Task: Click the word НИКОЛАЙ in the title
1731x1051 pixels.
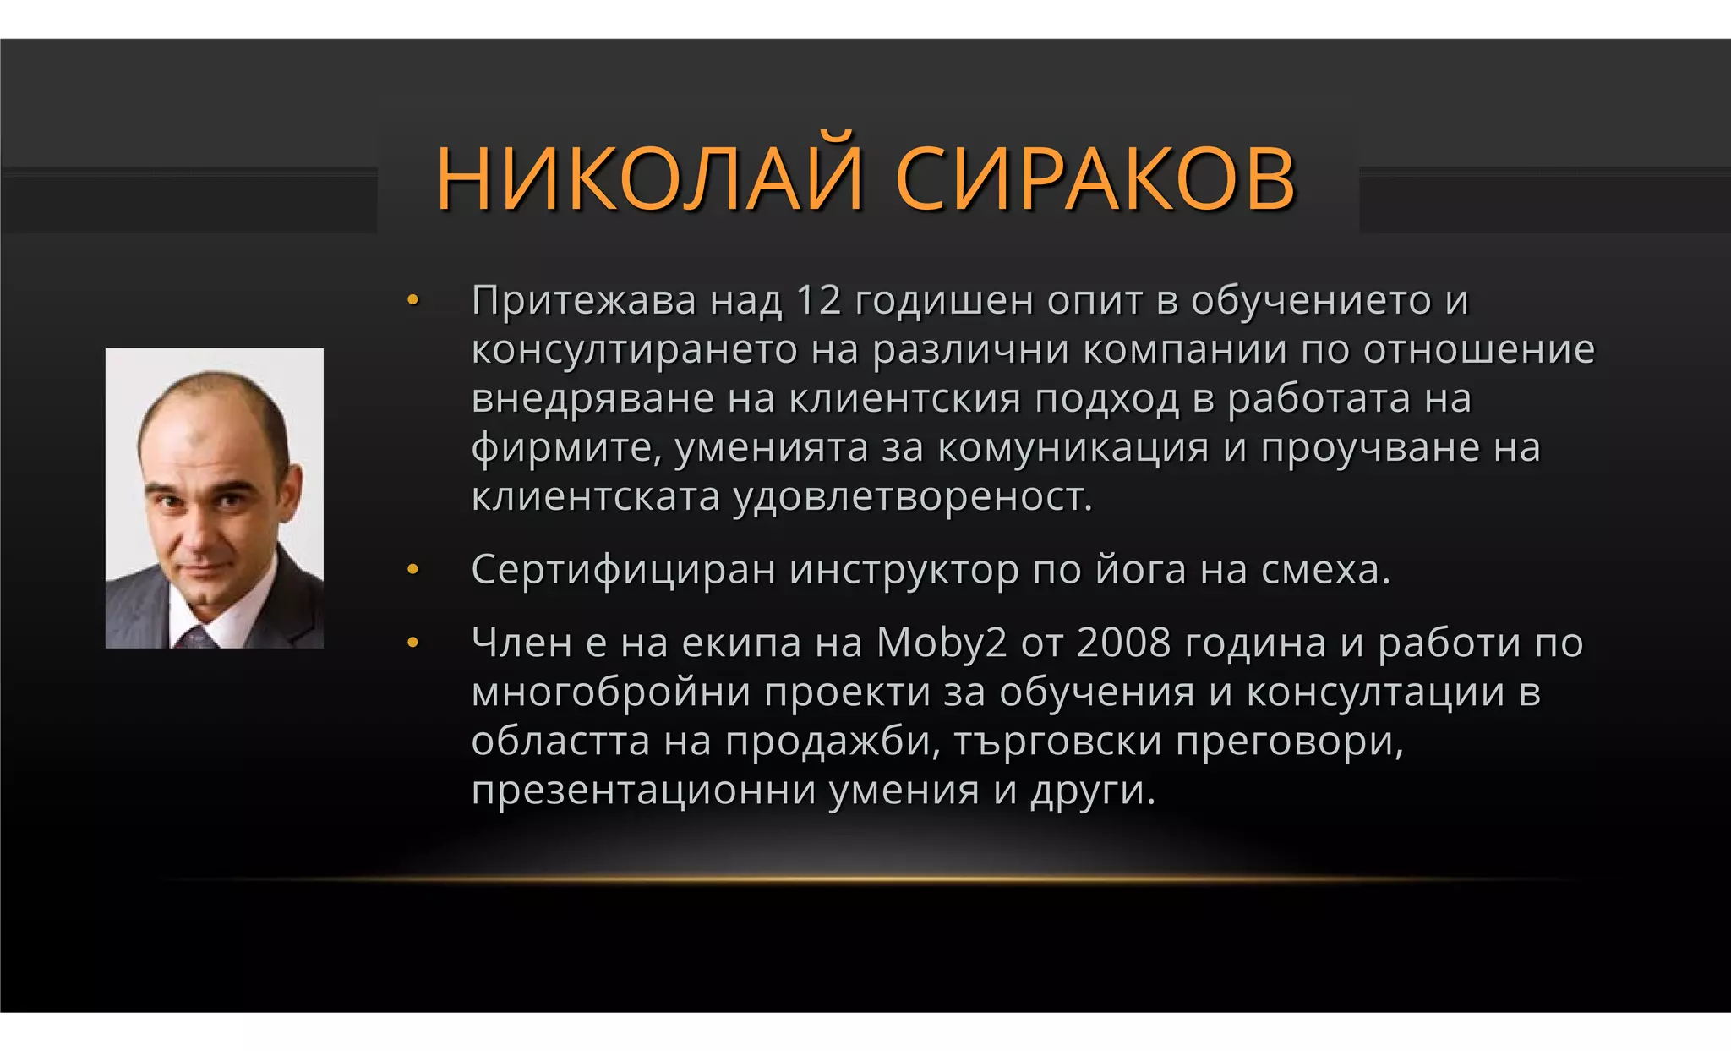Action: click(x=649, y=178)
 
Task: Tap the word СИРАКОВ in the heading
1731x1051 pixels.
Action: click(x=1095, y=178)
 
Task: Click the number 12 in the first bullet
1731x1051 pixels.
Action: click(x=818, y=300)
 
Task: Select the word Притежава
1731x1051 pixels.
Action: click(x=583, y=300)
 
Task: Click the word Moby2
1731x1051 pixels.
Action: click(x=942, y=643)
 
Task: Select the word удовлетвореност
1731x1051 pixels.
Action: click(x=912, y=497)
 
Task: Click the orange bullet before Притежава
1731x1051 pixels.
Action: click(x=412, y=300)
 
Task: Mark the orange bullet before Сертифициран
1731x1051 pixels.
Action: click(x=412, y=570)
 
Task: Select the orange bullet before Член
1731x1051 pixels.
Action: click(x=412, y=643)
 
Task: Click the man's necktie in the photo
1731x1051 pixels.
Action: click(x=196, y=638)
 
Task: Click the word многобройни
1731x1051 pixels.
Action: click(x=611, y=692)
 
